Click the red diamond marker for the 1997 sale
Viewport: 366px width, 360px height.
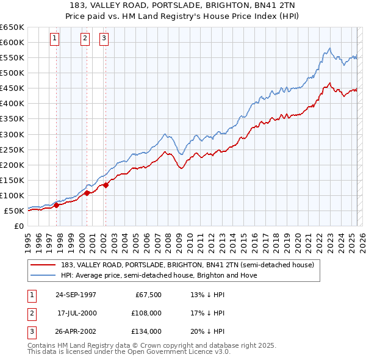coord(57,205)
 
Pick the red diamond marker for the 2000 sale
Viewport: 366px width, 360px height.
coord(87,193)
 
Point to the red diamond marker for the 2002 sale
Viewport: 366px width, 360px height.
coord(106,185)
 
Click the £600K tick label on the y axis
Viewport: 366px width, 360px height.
coord(13,42)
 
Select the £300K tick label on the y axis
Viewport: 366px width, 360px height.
coord(13,134)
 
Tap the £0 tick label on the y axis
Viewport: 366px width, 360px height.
coord(18,226)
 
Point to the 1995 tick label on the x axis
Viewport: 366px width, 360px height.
coord(28,239)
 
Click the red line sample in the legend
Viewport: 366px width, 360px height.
coord(43,265)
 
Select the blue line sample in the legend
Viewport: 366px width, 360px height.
coord(43,275)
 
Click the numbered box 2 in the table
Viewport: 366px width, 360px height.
coord(30,313)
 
